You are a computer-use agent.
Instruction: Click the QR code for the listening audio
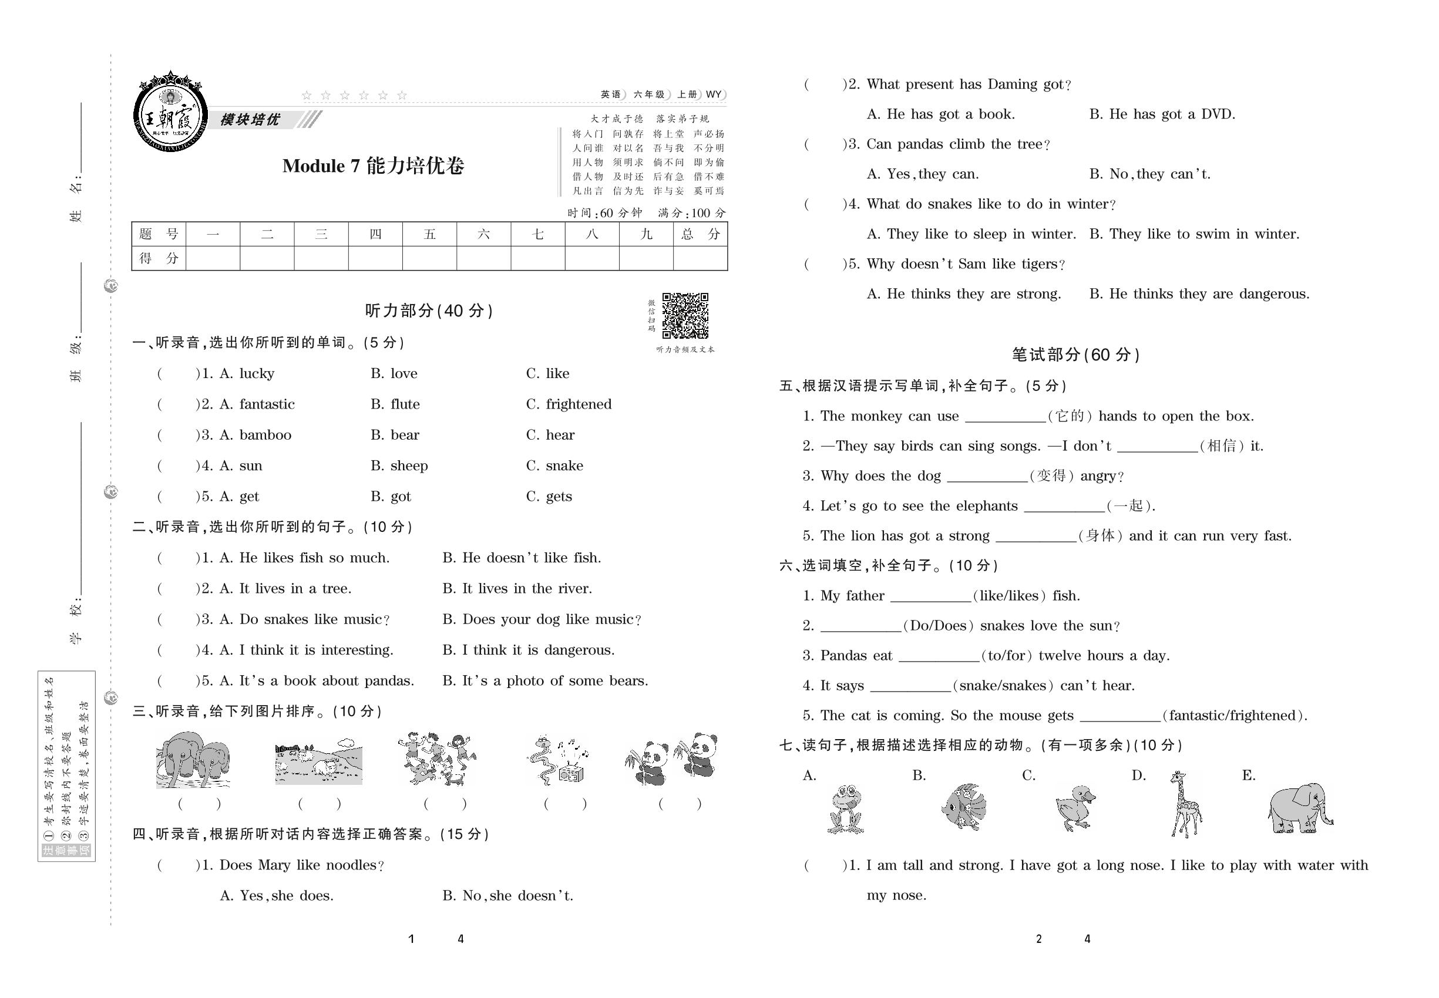pyautogui.click(x=685, y=316)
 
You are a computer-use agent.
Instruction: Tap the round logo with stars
pyautogui.click(x=170, y=113)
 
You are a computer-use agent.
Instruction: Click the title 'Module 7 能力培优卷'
pyautogui.click(x=373, y=166)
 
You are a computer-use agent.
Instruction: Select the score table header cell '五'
pyautogui.click(x=429, y=234)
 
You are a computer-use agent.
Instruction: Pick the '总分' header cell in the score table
pyautogui.click(x=700, y=234)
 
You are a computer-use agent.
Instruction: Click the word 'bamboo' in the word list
pyautogui.click(x=265, y=435)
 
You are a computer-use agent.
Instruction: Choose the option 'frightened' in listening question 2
pyautogui.click(x=578, y=404)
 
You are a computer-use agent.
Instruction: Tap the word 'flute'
pyautogui.click(x=404, y=404)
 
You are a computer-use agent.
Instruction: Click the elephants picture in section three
pyautogui.click(x=193, y=760)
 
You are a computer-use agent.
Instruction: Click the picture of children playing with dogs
pyautogui.click(x=438, y=759)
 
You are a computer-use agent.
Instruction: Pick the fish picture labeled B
pyautogui.click(x=963, y=807)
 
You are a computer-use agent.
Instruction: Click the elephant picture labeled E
pyautogui.click(x=1299, y=807)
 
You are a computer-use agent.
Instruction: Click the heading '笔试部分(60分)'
pyautogui.click(x=1075, y=355)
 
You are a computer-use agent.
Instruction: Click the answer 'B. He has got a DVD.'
pyautogui.click(x=1162, y=114)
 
